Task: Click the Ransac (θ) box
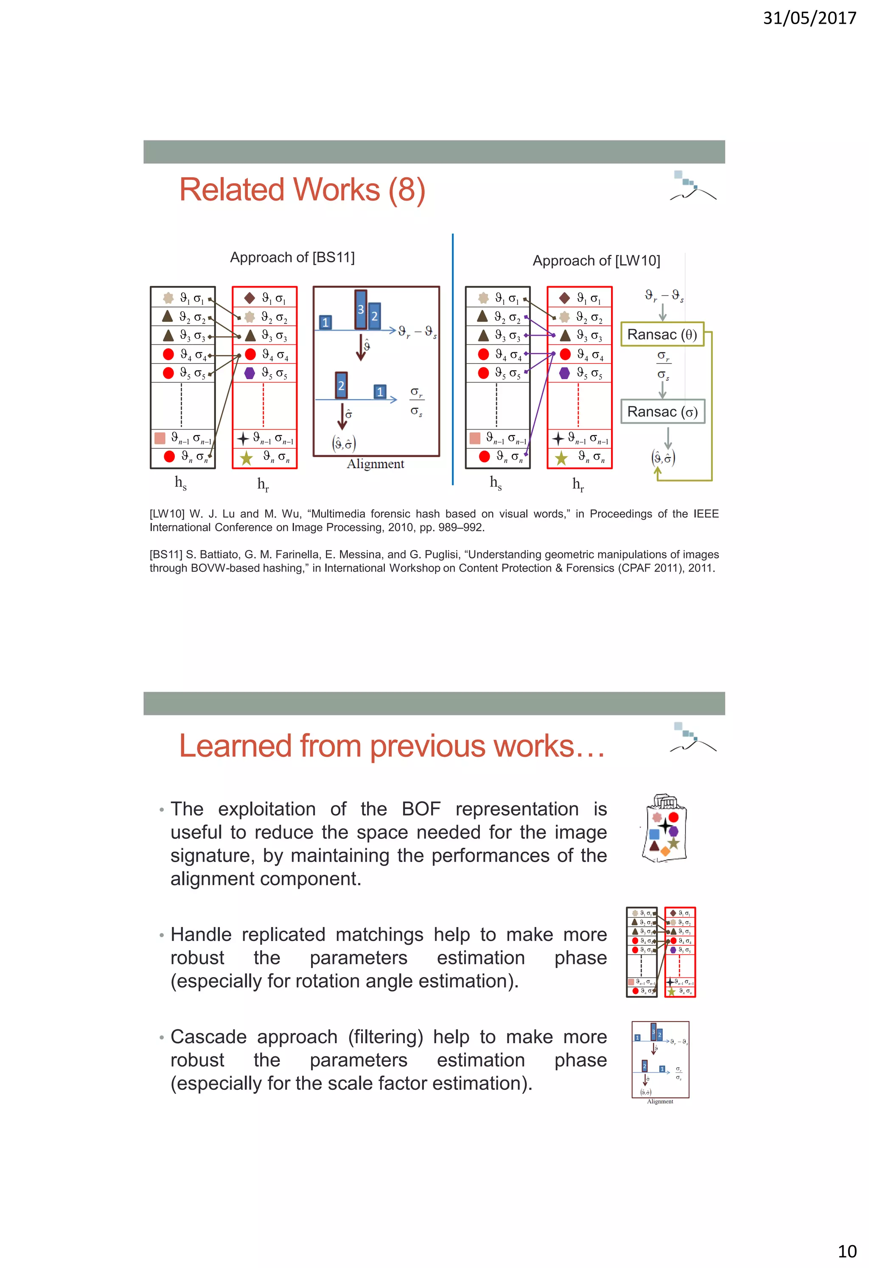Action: point(662,335)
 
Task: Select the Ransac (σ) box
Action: point(662,411)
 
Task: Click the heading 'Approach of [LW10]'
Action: point(596,261)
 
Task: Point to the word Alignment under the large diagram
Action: point(376,464)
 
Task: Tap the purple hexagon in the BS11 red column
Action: point(249,373)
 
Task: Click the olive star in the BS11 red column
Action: point(246,457)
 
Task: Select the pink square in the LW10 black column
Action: point(475,438)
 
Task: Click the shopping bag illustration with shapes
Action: point(664,828)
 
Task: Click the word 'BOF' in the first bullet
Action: point(421,809)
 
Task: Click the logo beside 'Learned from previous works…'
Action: point(692,737)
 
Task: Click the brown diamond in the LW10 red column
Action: point(564,298)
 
